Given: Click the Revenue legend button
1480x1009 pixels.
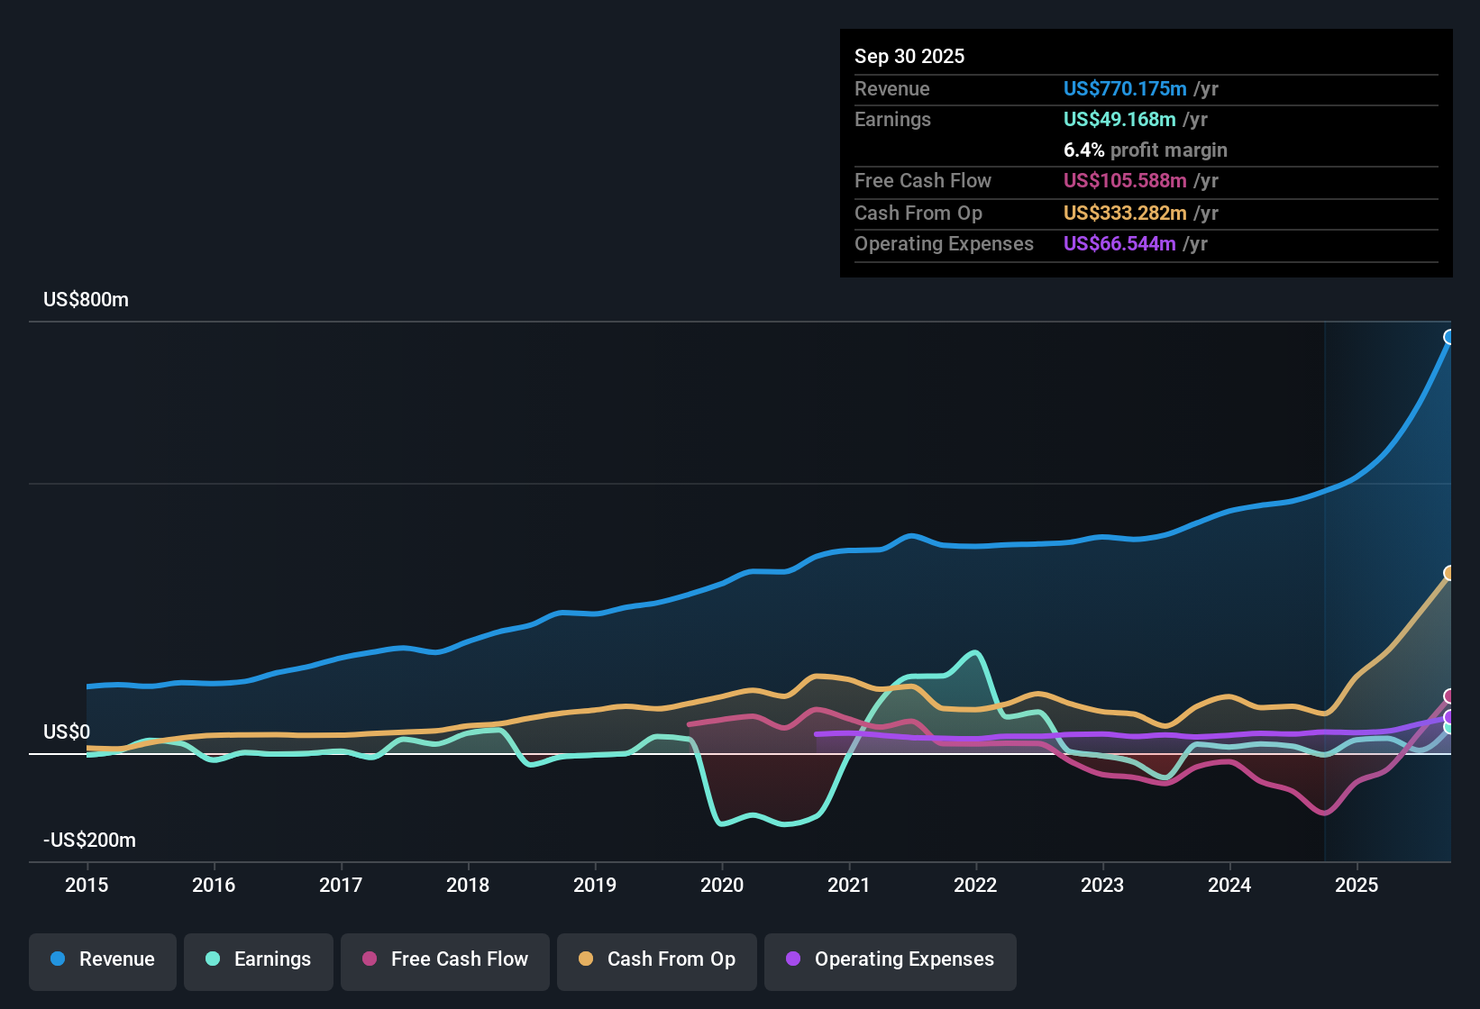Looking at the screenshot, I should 103,959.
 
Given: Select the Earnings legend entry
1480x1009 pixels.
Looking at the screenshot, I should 259,959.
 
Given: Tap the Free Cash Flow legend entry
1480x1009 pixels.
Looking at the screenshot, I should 445,959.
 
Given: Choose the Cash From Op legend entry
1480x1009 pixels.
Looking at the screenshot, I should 657,959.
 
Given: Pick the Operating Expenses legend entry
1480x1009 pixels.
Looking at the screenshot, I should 891,959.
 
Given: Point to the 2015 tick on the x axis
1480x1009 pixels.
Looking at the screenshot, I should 87,885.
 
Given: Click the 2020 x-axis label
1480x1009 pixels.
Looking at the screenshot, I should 722,885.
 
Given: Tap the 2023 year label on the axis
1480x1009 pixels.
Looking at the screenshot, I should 1102,885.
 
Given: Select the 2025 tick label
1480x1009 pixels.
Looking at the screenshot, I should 1357,885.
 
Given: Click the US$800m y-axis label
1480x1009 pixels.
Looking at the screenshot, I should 86,300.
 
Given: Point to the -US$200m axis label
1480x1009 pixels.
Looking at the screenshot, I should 89,841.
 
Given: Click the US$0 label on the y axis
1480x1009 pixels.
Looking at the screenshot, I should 67,732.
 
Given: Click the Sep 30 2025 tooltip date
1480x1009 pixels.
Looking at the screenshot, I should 909,57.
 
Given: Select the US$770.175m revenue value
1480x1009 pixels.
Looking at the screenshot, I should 1124,89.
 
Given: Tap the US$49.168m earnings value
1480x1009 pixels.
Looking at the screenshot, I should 1119,120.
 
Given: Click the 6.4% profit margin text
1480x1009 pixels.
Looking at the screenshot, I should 1145,150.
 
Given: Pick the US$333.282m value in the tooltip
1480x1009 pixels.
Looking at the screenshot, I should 1124,214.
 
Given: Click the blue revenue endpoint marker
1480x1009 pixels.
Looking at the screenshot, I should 1449,337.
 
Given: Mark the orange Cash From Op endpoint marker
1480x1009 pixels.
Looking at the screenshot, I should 1449,573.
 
